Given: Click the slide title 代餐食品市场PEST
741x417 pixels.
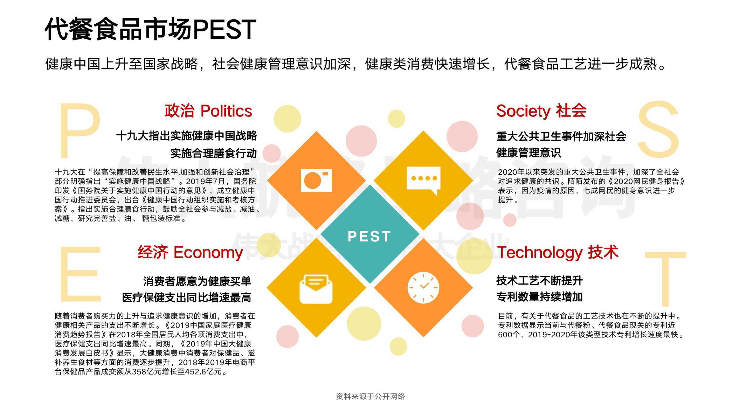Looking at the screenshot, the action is coord(150,29).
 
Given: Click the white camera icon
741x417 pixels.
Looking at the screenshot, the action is coord(316,180).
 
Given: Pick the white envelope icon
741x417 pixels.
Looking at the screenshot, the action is coord(316,289).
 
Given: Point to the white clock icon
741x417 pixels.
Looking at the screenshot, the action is coord(423,287).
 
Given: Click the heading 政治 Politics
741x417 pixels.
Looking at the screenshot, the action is coord(208,111).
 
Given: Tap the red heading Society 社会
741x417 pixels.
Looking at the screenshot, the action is coord(541,111).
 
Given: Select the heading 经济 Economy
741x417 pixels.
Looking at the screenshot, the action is coord(190,252).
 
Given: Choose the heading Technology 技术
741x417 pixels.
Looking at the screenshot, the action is coord(558,252).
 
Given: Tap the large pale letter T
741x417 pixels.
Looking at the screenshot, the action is coord(665,279).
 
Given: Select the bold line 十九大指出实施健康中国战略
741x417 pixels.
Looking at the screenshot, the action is coord(187,136).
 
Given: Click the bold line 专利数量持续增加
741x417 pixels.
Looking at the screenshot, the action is coord(540,297).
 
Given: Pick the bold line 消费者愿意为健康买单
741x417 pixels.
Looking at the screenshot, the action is coord(197,281).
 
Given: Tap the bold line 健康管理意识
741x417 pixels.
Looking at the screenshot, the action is coord(529,153).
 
